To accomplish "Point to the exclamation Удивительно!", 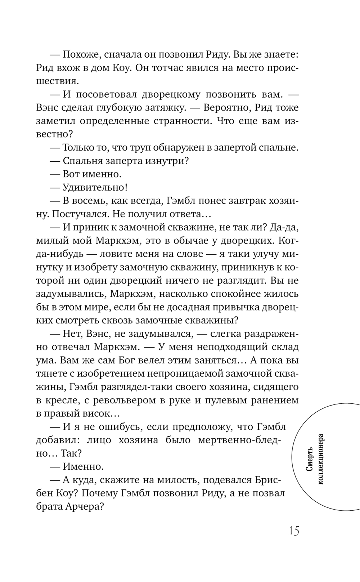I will click(95, 187).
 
